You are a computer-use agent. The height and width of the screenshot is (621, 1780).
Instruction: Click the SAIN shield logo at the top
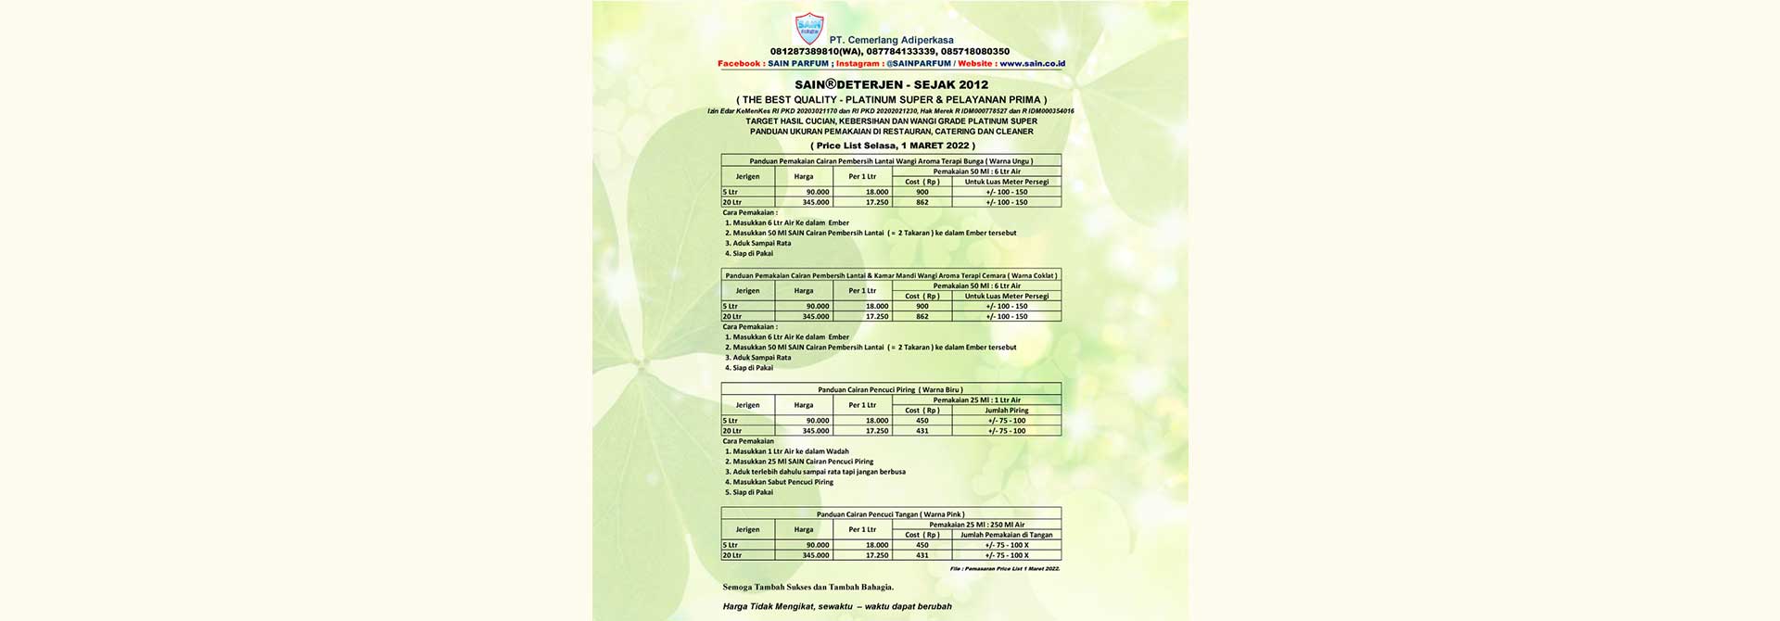click(809, 29)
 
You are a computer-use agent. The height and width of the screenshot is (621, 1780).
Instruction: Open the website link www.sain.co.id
click(1032, 64)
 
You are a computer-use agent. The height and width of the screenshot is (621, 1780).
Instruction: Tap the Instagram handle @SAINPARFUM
click(918, 64)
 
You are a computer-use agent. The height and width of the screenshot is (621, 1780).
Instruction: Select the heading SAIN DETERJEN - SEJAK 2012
click(891, 84)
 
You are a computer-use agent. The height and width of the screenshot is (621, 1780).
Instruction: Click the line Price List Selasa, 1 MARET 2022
click(892, 146)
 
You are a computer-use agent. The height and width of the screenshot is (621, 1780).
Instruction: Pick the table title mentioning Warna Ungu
click(891, 161)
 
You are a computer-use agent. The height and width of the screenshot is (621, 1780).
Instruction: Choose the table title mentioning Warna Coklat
click(891, 275)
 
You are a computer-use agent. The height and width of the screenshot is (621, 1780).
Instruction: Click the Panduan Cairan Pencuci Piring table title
click(890, 390)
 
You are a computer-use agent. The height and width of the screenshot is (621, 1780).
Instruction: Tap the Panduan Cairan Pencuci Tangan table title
click(890, 514)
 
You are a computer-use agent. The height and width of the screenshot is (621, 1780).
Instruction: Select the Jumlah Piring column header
click(1006, 411)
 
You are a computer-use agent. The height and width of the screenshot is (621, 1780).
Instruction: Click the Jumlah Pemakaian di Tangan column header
click(1006, 535)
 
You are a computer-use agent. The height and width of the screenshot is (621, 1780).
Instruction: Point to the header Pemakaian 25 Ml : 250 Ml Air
click(977, 525)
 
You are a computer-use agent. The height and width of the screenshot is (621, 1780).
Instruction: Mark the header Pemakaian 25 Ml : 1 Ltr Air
click(977, 400)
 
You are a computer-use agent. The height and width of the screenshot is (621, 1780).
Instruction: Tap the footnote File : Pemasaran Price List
click(1004, 568)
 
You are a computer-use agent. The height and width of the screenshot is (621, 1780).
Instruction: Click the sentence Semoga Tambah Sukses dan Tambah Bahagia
click(808, 587)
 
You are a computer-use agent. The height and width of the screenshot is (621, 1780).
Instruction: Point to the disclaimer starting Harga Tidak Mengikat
click(837, 607)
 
